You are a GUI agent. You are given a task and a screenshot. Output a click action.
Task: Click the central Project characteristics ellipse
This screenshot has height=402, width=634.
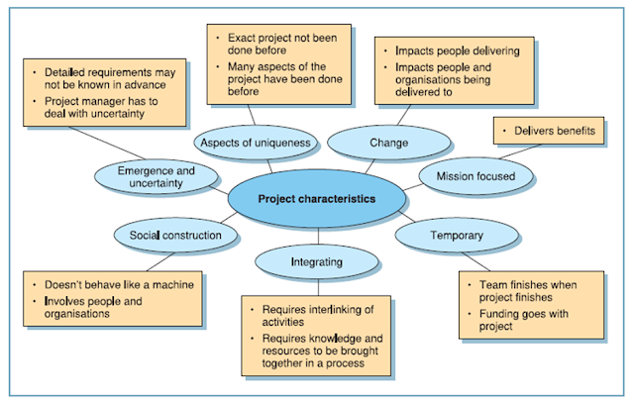coord(316,198)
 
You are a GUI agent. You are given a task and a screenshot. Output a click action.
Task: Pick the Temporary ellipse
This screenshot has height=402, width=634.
coord(457,236)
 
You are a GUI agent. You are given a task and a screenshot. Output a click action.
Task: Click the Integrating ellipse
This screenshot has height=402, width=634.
coord(317,262)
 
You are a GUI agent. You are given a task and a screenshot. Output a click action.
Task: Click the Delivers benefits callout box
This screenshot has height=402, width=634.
coord(549,131)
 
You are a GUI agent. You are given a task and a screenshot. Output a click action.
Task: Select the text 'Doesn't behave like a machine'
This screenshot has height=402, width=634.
coord(117,284)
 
